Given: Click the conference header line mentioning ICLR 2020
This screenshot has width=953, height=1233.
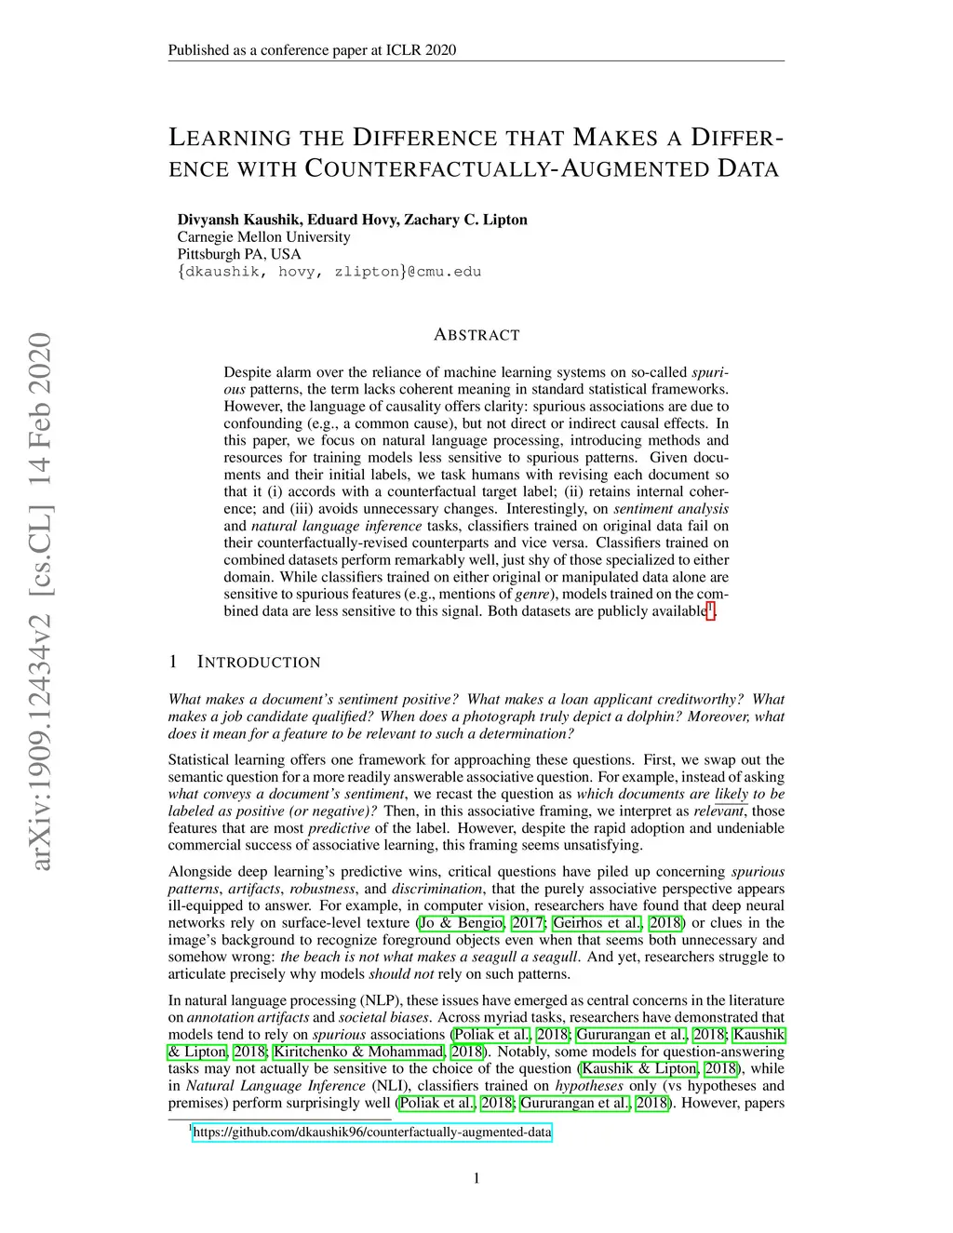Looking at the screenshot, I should click(x=312, y=50).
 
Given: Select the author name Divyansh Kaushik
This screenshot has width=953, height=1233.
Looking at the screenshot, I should click(x=232, y=220).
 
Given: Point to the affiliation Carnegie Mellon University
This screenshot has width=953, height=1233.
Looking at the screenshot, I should click(x=264, y=237).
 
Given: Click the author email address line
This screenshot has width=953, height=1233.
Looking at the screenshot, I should click(x=329, y=272).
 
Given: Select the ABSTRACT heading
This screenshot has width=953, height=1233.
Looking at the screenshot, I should click(x=476, y=335).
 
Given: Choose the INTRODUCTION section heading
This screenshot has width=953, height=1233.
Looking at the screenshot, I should click(x=259, y=663).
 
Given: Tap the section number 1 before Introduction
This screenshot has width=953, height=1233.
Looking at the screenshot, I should click(x=173, y=663).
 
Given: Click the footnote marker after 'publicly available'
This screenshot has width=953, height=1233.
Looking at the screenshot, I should click(x=710, y=610).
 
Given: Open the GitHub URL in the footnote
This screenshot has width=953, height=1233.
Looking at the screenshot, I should click(x=372, y=1132).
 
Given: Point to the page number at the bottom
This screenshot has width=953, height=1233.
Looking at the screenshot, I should click(x=476, y=1179).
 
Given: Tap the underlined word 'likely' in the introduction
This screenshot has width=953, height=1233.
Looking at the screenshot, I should click(x=732, y=795).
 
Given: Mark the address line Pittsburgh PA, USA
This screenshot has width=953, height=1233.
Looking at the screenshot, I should click(x=239, y=254).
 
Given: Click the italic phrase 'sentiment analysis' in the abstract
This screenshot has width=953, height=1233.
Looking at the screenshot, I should click(x=671, y=509).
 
